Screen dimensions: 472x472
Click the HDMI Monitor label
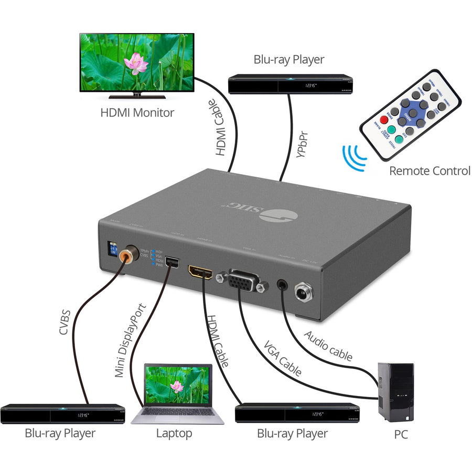[x=137, y=112]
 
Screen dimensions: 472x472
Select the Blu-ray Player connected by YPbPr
[x=291, y=84]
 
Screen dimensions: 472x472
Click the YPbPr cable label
[x=301, y=142]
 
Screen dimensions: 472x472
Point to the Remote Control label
[x=429, y=171]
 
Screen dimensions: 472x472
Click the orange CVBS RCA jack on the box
[x=126, y=255]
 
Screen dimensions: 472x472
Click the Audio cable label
[x=328, y=346]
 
